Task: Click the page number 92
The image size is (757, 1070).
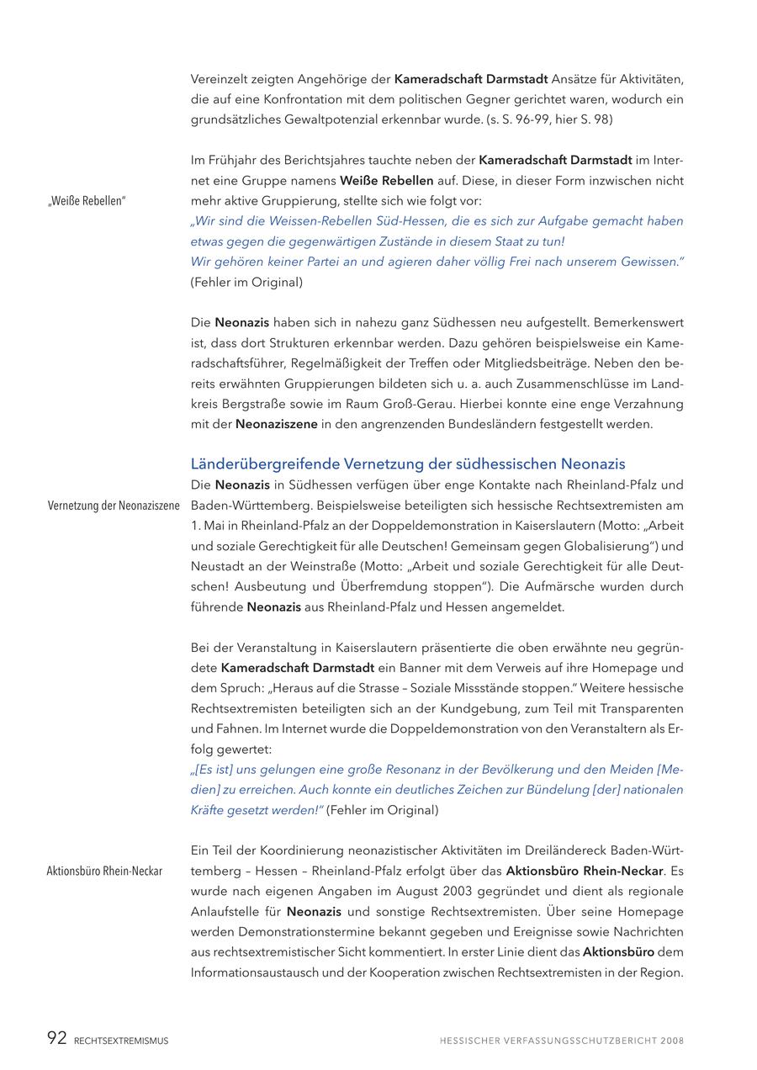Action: (x=56, y=1039)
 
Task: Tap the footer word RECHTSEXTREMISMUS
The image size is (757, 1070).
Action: (x=121, y=1041)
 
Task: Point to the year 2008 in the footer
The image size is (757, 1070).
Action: (x=672, y=1041)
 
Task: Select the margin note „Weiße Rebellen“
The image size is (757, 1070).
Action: (x=87, y=201)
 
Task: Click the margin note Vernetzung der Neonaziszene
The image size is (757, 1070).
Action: (x=114, y=506)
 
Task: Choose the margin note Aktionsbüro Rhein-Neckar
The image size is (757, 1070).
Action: (x=104, y=871)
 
